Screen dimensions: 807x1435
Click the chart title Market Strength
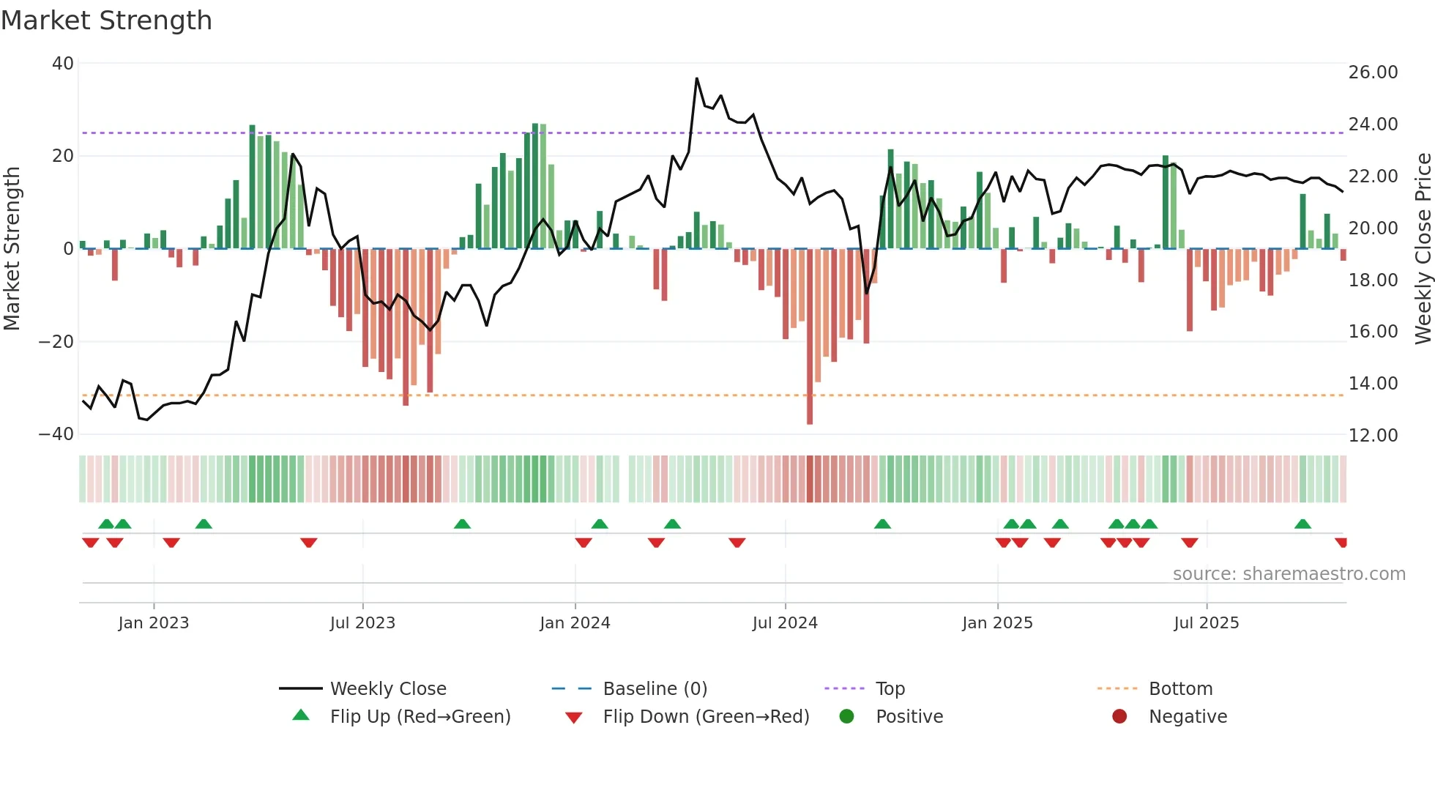pos(106,21)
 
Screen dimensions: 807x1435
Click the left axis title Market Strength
pos(12,248)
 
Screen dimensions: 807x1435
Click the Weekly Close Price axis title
pos(1423,248)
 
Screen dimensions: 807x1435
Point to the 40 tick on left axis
pos(63,64)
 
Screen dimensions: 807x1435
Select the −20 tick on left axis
pos(57,342)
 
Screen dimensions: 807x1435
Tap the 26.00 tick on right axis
pos(1373,72)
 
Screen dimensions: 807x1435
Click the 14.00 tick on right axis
pos(1373,384)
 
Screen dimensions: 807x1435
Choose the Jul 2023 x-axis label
pos(362,623)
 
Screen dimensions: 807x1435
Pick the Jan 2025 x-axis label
pos(997,623)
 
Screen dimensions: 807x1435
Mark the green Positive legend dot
pos(846,717)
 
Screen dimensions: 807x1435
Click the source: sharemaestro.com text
pos(1289,574)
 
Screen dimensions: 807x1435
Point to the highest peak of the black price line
pos(696,78)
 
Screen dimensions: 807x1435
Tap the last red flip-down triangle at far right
pos(1341,543)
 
